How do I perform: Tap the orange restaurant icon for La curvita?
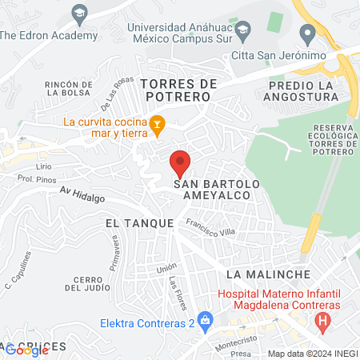click(x=158, y=122)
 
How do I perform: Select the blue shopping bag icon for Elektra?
click(x=206, y=323)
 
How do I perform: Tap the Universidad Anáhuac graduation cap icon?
click(x=79, y=13)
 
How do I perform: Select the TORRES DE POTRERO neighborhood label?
click(x=174, y=90)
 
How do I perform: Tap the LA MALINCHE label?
click(x=267, y=274)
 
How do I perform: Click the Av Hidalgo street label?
click(x=82, y=194)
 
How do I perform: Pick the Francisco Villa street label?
click(x=209, y=228)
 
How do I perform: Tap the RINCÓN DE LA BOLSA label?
click(x=70, y=88)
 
